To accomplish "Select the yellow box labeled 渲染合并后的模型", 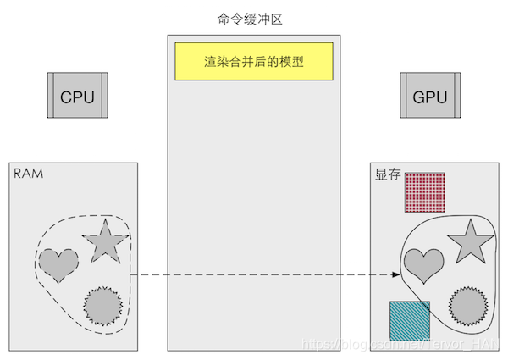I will [254, 62].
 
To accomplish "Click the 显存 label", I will [388, 175].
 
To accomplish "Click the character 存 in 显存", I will [395, 175].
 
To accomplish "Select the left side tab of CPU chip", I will [51, 96].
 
